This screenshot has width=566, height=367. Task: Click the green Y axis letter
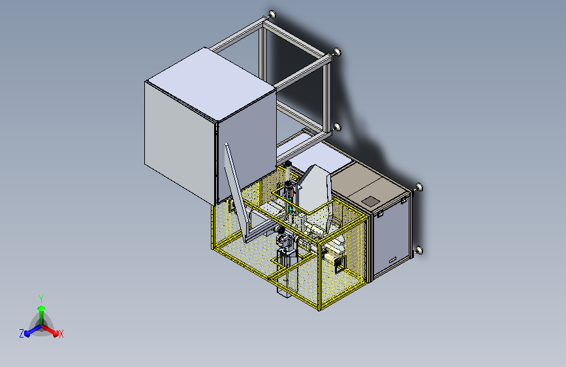coord(41,298)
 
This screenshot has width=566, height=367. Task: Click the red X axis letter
coord(61,334)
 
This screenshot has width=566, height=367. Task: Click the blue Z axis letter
coord(22,334)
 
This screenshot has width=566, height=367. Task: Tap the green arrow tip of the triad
coord(42,308)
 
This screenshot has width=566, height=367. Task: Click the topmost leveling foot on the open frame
coord(272,14)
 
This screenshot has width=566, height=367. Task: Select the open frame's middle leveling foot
coord(337,52)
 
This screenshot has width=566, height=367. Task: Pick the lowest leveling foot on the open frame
coord(337,127)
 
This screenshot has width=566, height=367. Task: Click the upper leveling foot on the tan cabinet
coord(418,187)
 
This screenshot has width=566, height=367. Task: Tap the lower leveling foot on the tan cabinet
coord(418,250)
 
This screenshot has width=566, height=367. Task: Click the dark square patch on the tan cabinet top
coord(370,202)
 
